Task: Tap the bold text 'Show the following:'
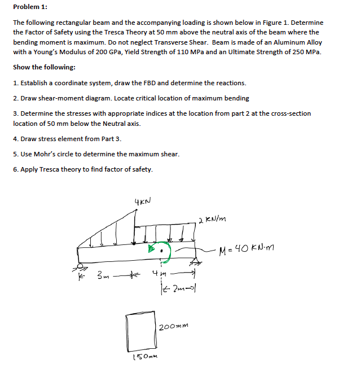[x=43, y=67]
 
